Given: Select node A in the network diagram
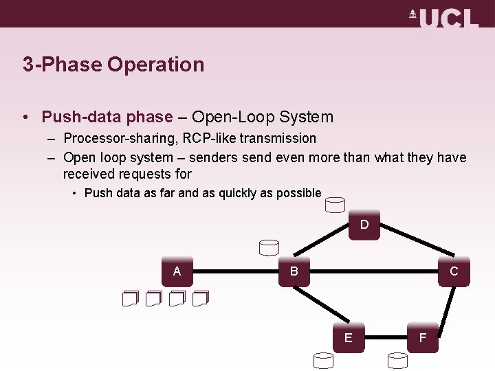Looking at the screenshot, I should point(177,271).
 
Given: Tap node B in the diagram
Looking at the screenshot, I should point(294,271).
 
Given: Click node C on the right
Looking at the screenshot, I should point(454,271).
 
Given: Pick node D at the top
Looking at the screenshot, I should point(364,225).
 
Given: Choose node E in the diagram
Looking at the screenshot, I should point(349,337).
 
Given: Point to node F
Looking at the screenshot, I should point(422,337).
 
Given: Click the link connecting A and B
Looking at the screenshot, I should point(236,271).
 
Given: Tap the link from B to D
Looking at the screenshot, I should point(329,248).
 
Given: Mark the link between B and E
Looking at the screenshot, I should point(322,304).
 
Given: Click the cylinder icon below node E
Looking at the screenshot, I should point(323,359).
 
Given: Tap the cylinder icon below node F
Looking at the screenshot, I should point(397,359).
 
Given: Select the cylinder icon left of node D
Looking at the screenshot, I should point(335,205).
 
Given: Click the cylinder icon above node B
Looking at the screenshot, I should point(269,247).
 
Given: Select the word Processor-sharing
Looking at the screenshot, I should point(120,138).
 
